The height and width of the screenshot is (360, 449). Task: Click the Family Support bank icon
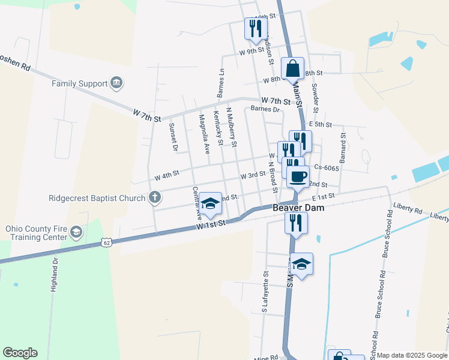[x=116, y=83]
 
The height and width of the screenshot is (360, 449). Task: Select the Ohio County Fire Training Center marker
[x=76, y=232]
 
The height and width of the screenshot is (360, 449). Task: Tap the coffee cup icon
[x=298, y=176]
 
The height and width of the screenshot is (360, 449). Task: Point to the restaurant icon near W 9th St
[x=256, y=28]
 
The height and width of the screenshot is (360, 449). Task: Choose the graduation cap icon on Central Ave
[x=210, y=204]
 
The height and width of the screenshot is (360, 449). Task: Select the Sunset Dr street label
[x=173, y=137]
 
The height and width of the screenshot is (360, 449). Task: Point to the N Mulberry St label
[x=231, y=127]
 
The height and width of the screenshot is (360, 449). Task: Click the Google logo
[x=20, y=353]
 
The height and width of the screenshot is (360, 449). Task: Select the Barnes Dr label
[x=265, y=109]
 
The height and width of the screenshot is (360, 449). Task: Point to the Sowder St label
[x=315, y=98]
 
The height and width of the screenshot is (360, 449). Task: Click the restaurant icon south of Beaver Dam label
[x=296, y=223]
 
